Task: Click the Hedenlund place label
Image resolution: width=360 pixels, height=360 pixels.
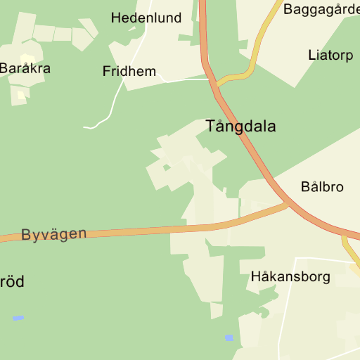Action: [x=146, y=18]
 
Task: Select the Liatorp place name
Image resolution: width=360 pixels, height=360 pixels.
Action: [x=330, y=55]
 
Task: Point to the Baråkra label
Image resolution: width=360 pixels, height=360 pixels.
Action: [x=25, y=69]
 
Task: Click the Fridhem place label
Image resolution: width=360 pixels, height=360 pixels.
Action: [x=129, y=71]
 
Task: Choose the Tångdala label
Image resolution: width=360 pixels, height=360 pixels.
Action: [x=240, y=127]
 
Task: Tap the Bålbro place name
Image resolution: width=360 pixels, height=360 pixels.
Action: [x=322, y=187]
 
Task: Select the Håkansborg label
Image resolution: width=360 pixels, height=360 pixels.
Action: [x=290, y=276]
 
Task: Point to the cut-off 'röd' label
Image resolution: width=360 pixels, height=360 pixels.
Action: [x=12, y=282]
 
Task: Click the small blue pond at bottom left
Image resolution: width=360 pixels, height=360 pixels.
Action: [x=18, y=318]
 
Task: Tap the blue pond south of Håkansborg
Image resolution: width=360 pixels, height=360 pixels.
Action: [x=229, y=338]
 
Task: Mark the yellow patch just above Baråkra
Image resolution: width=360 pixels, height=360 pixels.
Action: [x=27, y=58]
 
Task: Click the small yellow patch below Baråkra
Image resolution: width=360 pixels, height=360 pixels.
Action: [x=21, y=93]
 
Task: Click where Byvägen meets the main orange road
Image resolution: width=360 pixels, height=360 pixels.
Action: [x=288, y=203]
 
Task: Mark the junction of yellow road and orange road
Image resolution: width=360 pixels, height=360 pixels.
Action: [x=216, y=80]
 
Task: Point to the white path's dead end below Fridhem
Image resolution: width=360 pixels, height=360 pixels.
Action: [x=85, y=127]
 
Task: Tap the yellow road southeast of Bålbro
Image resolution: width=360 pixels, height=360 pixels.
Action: [x=349, y=250]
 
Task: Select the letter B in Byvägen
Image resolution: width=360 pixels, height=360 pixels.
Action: [x=26, y=236]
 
